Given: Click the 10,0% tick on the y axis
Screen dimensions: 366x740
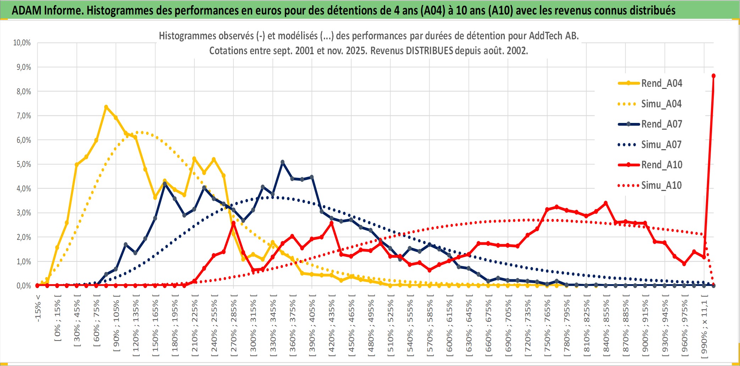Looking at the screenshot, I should pyautogui.click(x=22, y=43).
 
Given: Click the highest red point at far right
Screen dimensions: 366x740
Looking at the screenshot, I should pyautogui.click(x=713, y=76).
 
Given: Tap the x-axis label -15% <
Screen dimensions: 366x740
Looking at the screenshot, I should pyautogui.click(x=38, y=308).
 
